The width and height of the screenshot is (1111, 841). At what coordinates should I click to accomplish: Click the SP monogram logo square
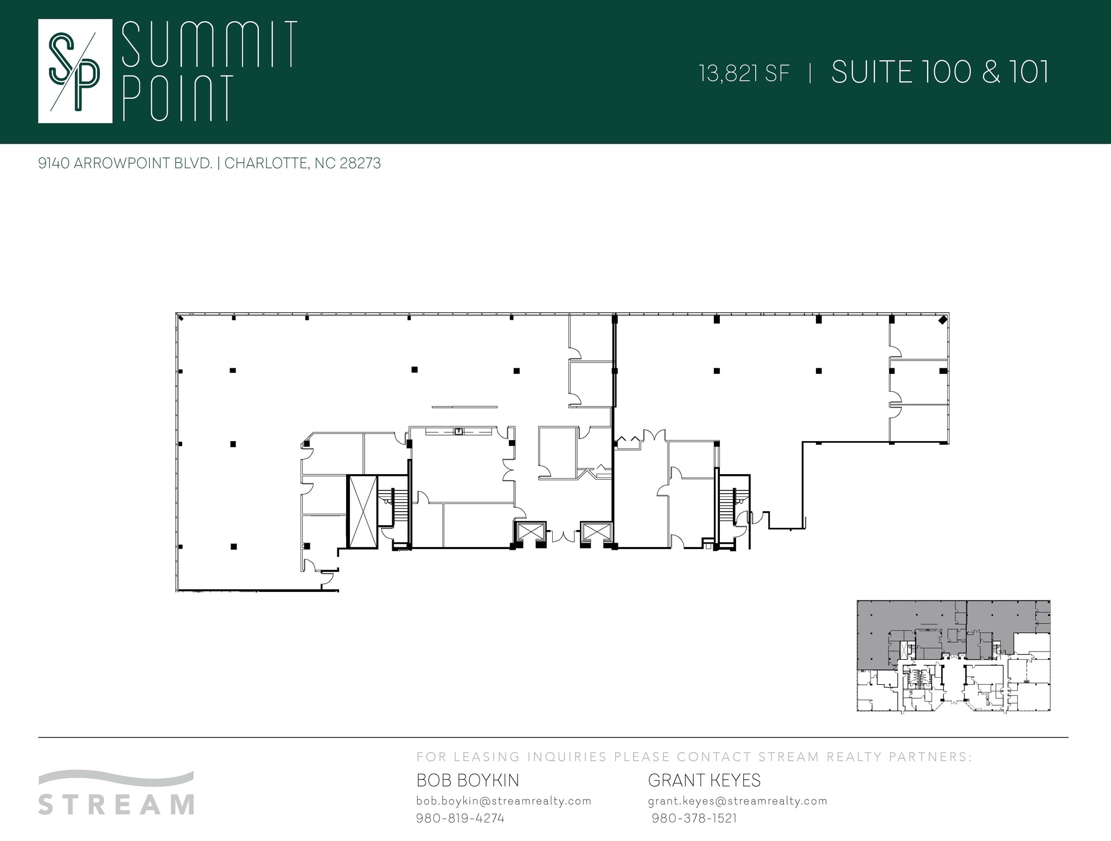[x=75, y=71]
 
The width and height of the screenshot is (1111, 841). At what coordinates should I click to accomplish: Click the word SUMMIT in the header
[x=209, y=44]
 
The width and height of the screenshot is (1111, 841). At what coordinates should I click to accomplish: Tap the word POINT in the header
[x=178, y=98]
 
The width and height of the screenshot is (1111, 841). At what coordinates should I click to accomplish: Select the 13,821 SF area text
[x=744, y=74]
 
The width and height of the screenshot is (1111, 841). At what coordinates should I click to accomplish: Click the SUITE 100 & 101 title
[x=940, y=72]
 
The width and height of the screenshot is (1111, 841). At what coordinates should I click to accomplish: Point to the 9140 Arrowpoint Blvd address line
[x=209, y=163]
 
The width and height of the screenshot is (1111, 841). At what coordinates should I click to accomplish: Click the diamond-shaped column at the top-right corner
[x=943, y=320]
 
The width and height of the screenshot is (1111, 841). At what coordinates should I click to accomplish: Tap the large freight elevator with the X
[x=362, y=511]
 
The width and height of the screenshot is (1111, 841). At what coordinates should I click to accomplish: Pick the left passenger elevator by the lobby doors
[x=529, y=531]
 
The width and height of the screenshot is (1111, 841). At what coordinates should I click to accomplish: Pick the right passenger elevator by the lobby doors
[x=596, y=531]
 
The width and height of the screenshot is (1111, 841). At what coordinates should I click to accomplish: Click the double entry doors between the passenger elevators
[x=563, y=536]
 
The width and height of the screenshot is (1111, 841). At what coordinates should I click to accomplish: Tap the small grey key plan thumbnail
[x=953, y=655]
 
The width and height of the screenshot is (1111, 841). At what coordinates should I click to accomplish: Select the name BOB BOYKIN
[x=468, y=780]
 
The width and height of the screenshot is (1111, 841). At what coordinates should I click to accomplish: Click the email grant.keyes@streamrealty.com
[x=738, y=801]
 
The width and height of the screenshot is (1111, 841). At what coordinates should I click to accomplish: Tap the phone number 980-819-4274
[x=460, y=818]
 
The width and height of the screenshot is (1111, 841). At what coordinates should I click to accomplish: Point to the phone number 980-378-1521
[x=694, y=818]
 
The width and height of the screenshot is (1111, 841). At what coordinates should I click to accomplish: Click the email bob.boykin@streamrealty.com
[x=503, y=801]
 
